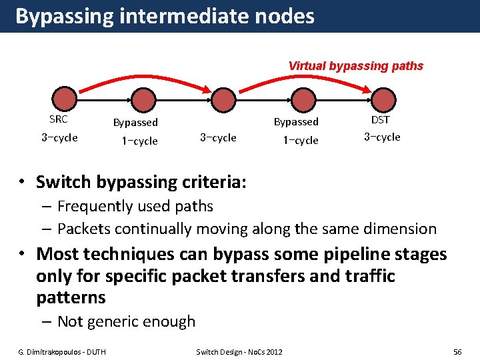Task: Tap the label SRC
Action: (59, 120)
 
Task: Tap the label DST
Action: (381, 120)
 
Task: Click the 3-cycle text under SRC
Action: (59, 138)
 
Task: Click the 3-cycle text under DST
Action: (382, 137)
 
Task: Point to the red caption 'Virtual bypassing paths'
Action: (355, 66)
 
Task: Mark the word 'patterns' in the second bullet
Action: (71, 297)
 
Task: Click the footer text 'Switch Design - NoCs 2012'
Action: (239, 351)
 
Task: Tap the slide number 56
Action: (457, 351)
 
